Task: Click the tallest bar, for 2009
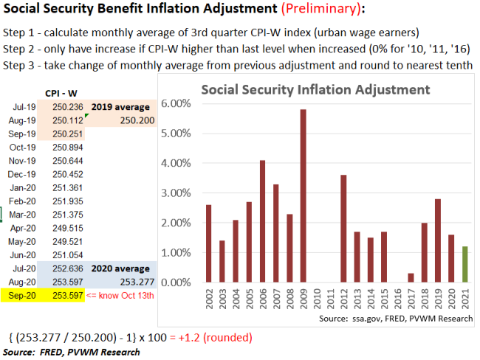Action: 303,195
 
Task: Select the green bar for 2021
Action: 464,264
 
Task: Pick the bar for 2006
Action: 262,221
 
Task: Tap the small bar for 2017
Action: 411,277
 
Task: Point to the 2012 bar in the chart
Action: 343,229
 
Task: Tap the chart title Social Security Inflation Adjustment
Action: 315,89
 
